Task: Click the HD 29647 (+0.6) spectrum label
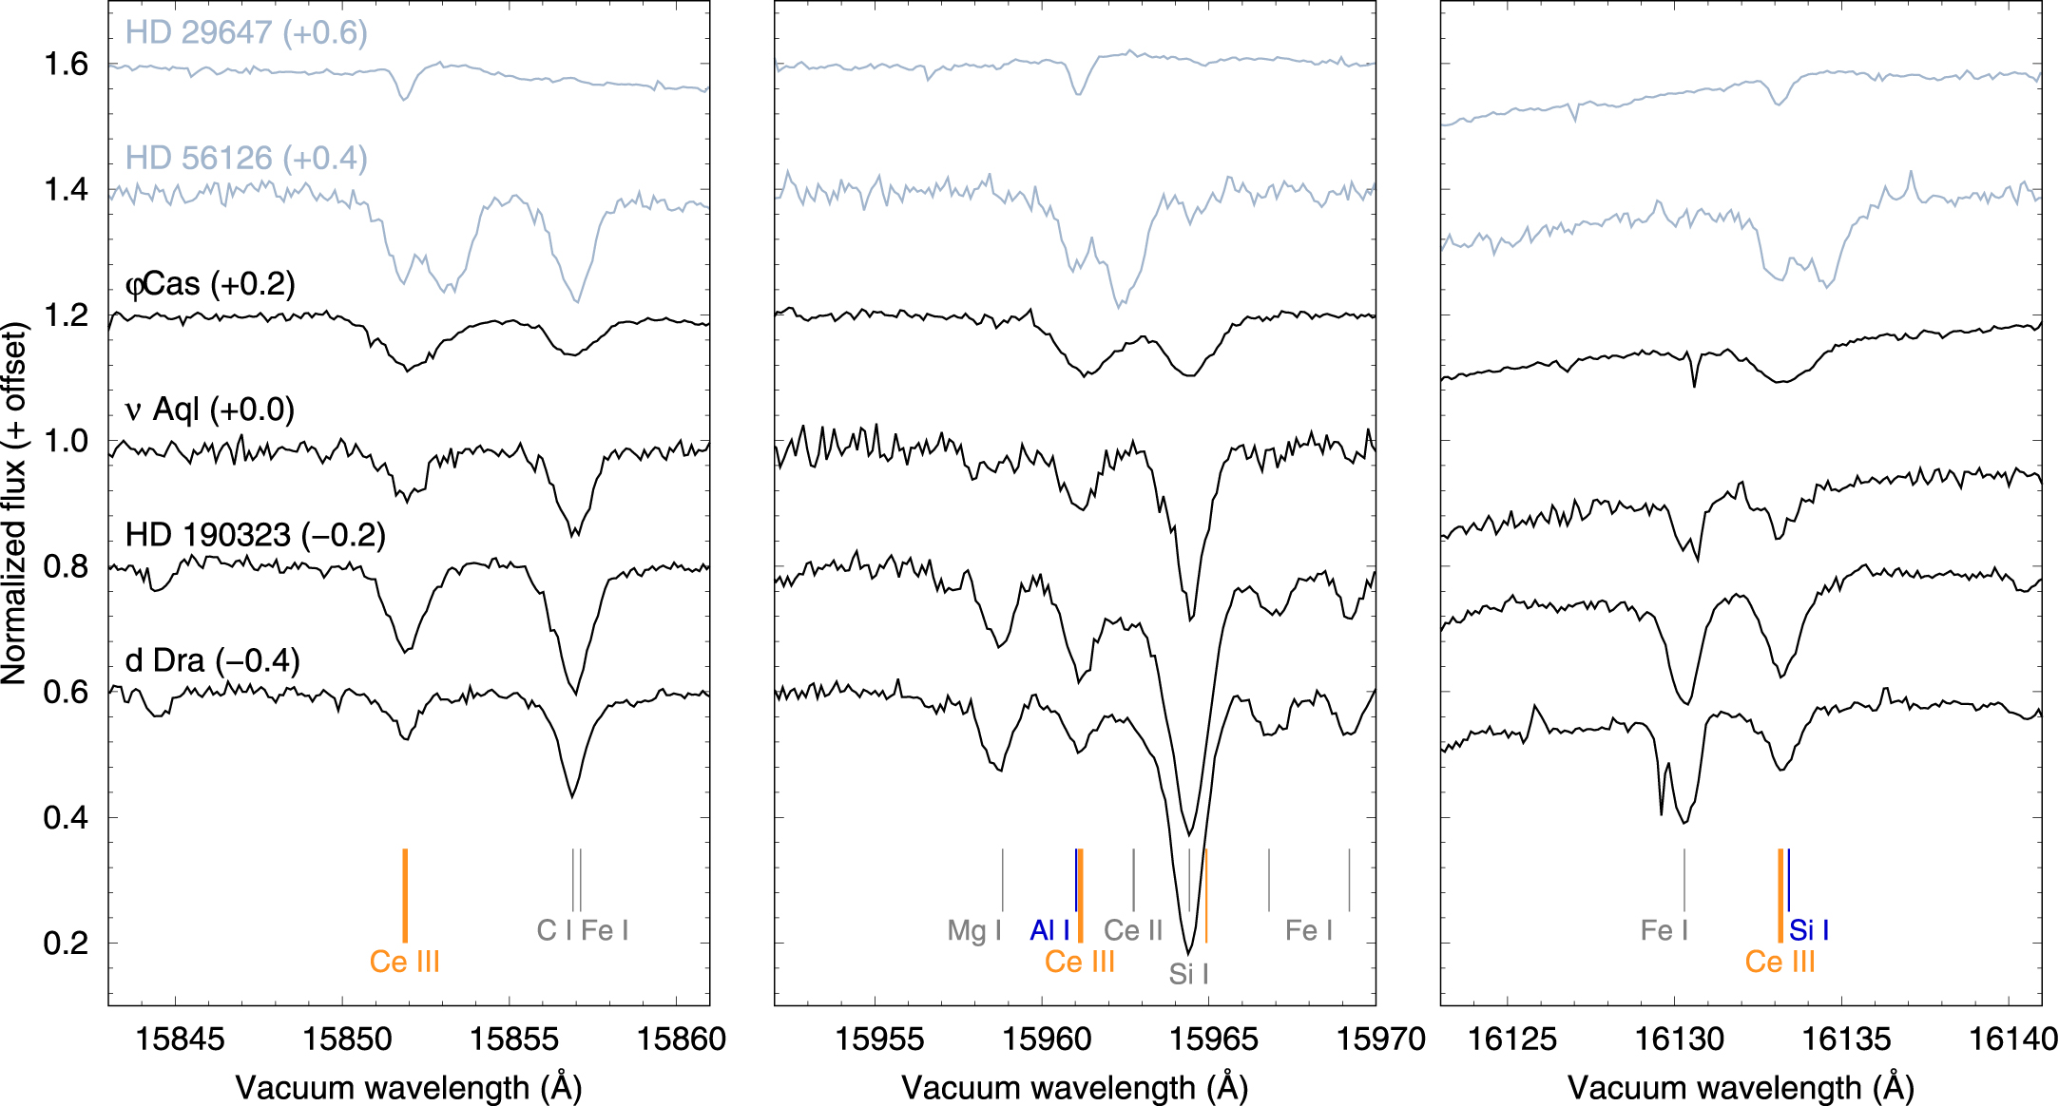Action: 246,32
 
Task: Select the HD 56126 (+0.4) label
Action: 246,158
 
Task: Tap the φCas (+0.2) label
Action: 210,283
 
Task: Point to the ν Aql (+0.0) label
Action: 210,410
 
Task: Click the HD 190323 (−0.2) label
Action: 255,535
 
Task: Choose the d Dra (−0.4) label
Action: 212,660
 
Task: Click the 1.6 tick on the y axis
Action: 66,64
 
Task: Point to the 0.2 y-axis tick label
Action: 66,943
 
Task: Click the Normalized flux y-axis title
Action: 14,504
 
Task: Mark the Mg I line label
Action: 974,930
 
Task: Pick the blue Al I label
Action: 1049,930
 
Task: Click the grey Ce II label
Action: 1133,930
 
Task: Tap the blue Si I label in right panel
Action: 1809,930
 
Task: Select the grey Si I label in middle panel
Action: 1188,974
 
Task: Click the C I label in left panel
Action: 554,930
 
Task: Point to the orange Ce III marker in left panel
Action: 405,894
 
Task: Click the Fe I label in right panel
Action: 1665,930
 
